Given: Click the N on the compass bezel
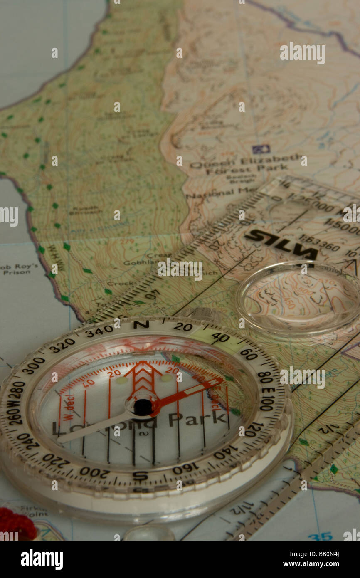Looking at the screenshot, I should pos(141,325).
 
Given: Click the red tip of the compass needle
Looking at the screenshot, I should pos(216,382).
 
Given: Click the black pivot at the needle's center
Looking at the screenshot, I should pos(143,407).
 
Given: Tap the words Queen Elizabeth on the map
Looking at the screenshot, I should pos(246,161).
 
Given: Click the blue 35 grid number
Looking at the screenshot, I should pos(320,536).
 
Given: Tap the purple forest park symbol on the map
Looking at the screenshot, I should pos(261,149).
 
